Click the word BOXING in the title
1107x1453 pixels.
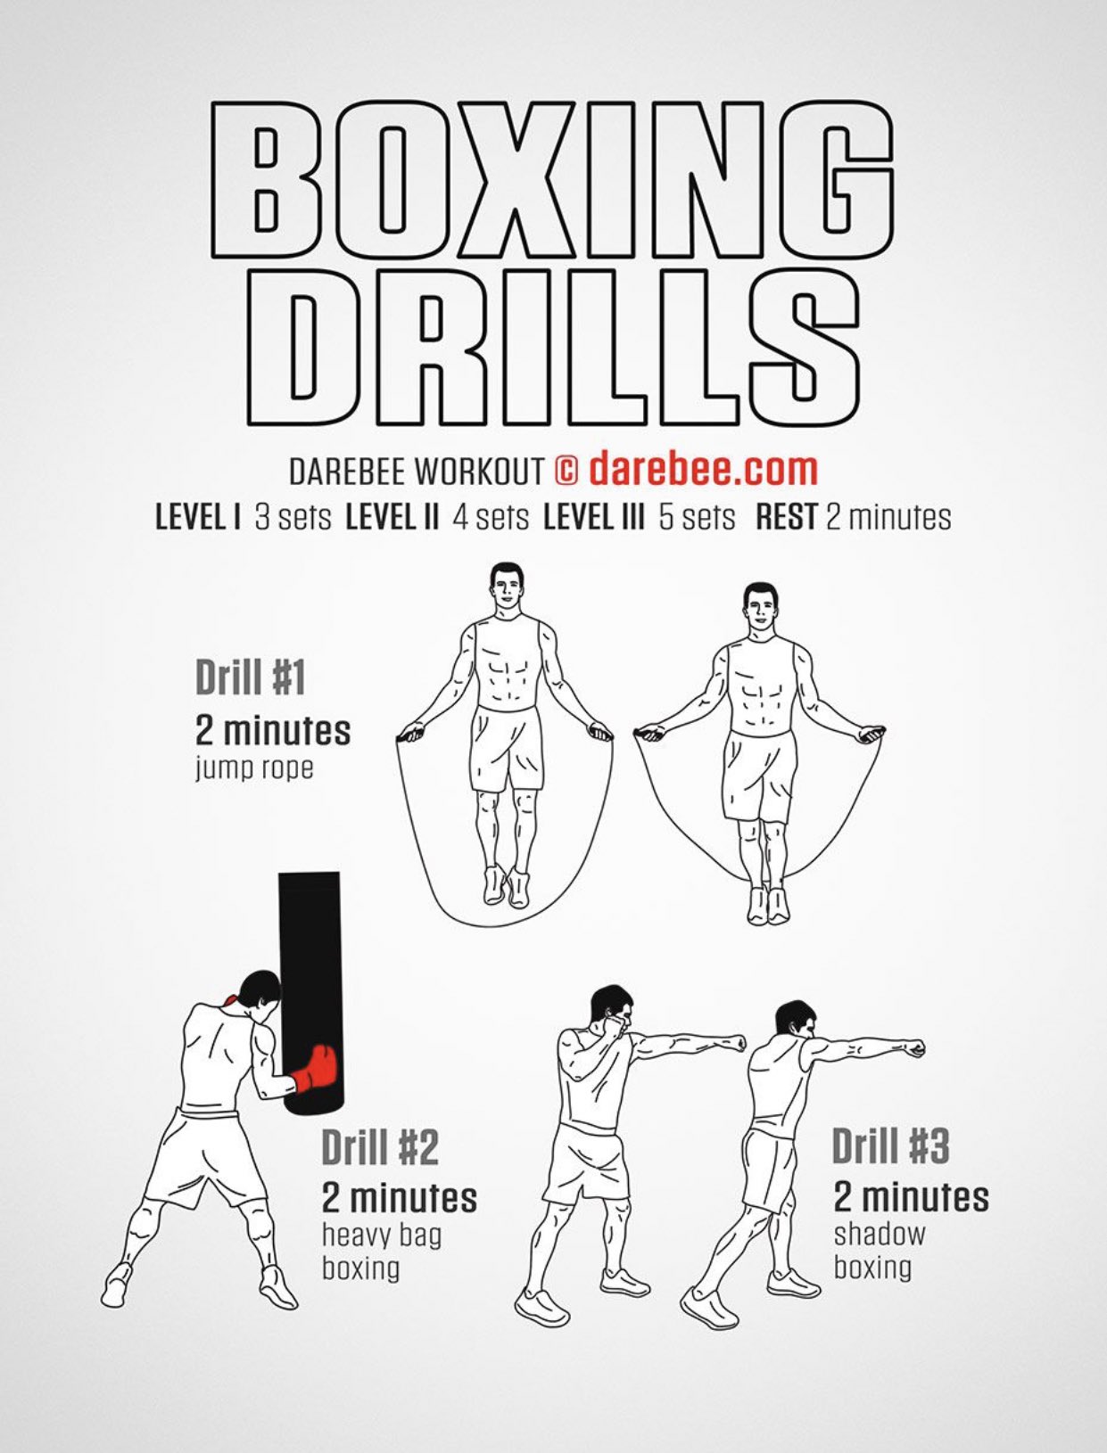click(552, 179)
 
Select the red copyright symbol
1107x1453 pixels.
click(566, 470)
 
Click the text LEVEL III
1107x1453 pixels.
click(593, 517)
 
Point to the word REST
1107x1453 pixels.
click(786, 517)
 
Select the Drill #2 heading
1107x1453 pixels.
click(380, 1146)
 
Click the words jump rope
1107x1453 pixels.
click(253, 769)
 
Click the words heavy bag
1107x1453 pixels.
click(382, 1235)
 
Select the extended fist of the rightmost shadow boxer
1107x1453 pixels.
click(915, 1048)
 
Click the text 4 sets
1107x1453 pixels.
click(491, 517)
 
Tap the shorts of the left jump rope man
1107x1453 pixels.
click(508, 747)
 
